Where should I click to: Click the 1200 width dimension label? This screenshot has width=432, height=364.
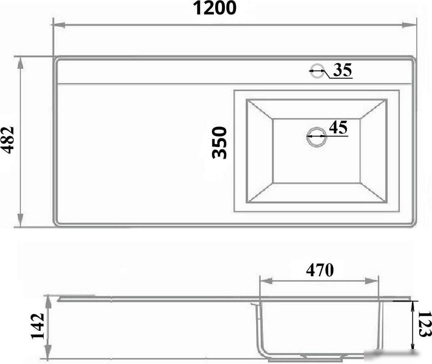(214, 8)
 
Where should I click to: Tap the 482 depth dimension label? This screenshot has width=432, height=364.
(7, 140)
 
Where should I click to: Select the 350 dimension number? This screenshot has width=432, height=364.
(220, 142)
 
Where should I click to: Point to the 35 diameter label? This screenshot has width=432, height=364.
(342, 70)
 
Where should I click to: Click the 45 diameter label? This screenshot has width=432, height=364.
(338, 127)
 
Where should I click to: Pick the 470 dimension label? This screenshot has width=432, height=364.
(320, 270)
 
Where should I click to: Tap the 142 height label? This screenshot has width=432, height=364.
(37, 326)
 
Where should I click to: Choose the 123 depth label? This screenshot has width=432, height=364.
(424, 324)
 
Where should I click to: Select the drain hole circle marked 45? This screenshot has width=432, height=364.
(316, 137)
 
